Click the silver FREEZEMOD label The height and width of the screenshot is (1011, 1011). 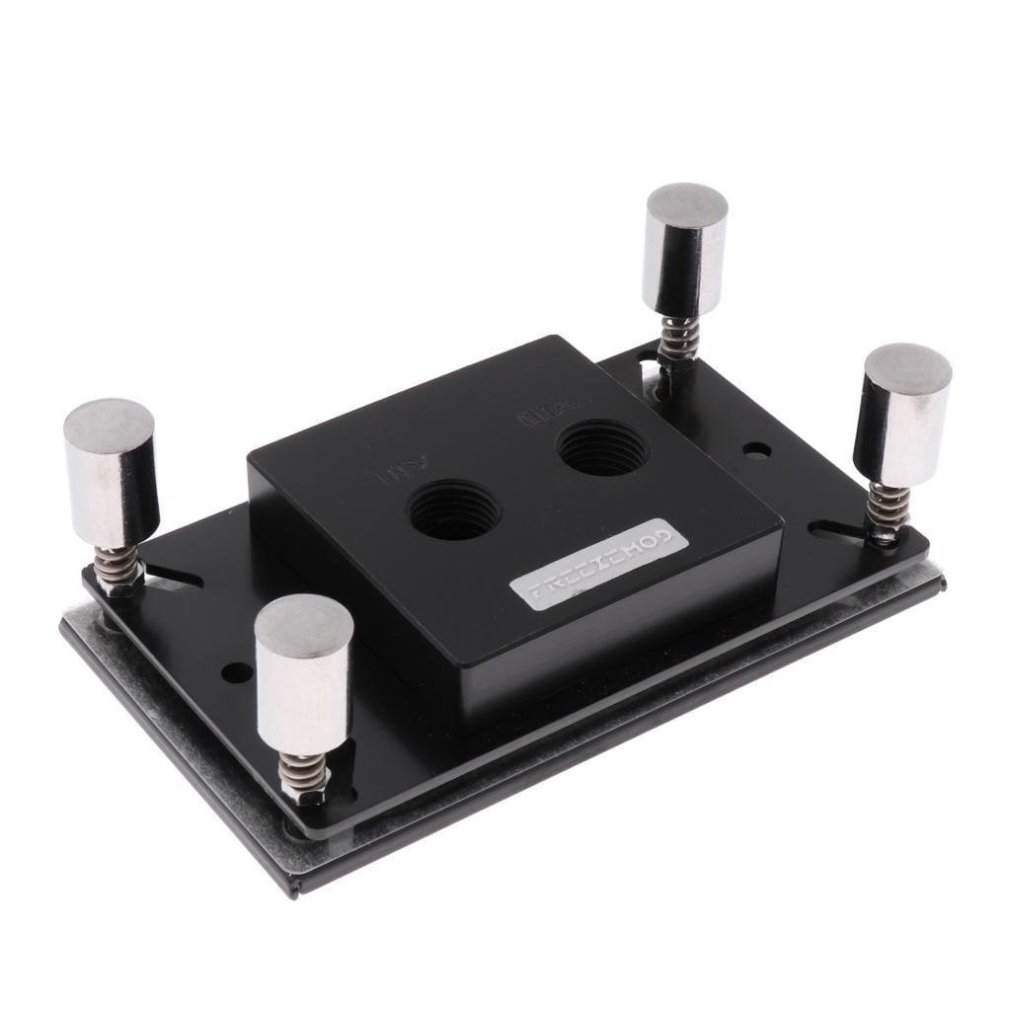tap(596, 564)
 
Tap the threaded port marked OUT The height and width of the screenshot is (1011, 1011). tap(601, 447)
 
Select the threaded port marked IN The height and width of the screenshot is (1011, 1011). tap(453, 508)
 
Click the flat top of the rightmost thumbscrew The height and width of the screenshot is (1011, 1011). tap(908, 368)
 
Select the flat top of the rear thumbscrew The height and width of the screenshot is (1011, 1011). tap(687, 205)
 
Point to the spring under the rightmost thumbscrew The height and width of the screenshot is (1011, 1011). tap(886, 507)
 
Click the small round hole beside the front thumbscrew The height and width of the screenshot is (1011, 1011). tap(237, 672)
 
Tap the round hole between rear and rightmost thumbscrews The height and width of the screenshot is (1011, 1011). tap(757, 450)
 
